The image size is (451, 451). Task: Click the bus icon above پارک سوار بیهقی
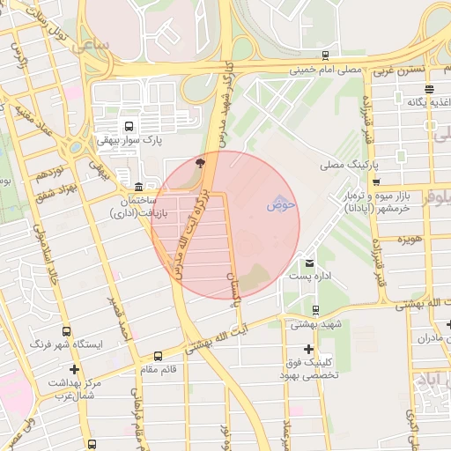point(129,126)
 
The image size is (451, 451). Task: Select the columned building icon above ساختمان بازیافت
point(139,187)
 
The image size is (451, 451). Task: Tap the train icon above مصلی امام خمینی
point(326,55)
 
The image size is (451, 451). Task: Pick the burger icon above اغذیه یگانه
point(429,89)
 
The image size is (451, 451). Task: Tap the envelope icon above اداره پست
point(309,262)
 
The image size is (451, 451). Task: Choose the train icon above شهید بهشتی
point(316,309)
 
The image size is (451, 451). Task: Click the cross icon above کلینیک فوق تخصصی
point(307,349)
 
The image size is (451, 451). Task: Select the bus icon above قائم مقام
point(158,357)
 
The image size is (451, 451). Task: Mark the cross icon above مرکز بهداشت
point(74,369)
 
